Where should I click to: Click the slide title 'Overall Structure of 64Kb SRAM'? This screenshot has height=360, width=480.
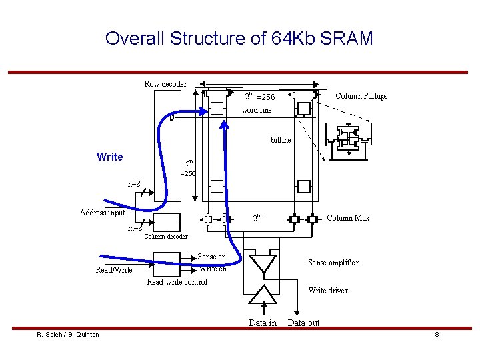(x=239, y=38)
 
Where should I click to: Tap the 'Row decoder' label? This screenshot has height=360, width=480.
(x=165, y=84)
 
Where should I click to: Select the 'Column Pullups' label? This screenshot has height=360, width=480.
(x=361, y=96)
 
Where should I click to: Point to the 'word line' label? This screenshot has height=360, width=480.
(x=257, y=110)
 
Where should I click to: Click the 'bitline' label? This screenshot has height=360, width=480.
(x=281, y=140)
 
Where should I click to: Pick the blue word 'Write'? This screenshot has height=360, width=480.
(x=110, y=157)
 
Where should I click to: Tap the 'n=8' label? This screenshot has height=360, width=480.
(x=134, y=184)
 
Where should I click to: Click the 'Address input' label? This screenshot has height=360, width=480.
(x=102, y=213)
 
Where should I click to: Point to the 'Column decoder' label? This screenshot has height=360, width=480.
(x=166, y=236)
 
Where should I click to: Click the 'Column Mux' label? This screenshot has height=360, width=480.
(x=348, y=218)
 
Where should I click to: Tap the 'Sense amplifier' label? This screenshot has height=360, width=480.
(x=333, y=263)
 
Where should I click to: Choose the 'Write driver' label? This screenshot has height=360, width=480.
(x=328, y=291)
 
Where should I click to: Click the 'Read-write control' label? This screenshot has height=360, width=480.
(x=177, y=282)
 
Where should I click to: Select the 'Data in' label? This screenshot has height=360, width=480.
(x=263, y=323)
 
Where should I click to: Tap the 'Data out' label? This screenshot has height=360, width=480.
(x=303, y=323)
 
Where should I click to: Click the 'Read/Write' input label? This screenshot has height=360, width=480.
(x=114, y=270)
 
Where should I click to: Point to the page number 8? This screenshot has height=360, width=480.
(x=437, y=335)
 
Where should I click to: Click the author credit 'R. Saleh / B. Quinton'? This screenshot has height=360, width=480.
(x=68, y=335)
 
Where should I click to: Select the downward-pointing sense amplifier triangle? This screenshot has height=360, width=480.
(x=263, y=263)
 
